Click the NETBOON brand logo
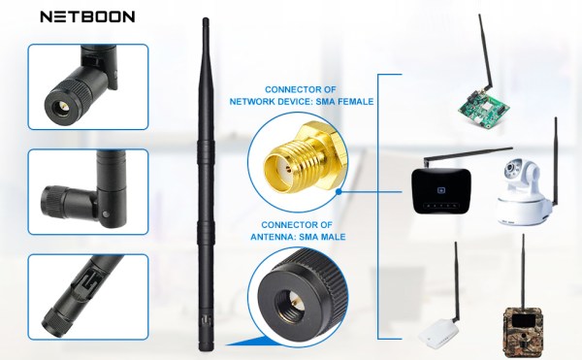pos(86,16)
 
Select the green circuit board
pos(484,106)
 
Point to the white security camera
pos(525,189)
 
